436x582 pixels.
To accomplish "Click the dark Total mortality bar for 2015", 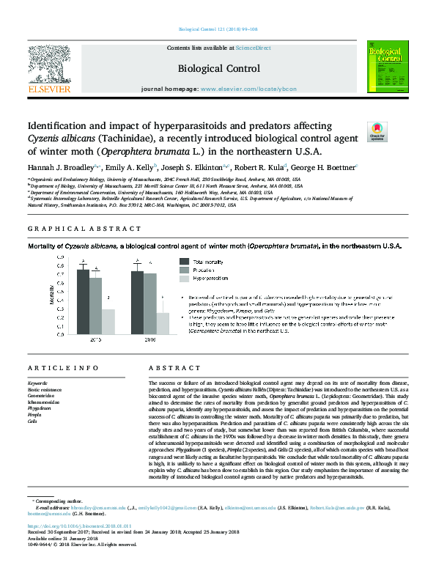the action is tap(84, 301).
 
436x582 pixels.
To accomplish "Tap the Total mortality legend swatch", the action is tap(185, 261).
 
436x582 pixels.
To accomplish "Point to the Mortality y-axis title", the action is tap(51, 297).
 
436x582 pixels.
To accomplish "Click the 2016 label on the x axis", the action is tap(150, 340).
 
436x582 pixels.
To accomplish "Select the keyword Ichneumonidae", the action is tap(45, 403).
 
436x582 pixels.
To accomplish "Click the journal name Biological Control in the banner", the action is tap(218, 69).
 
